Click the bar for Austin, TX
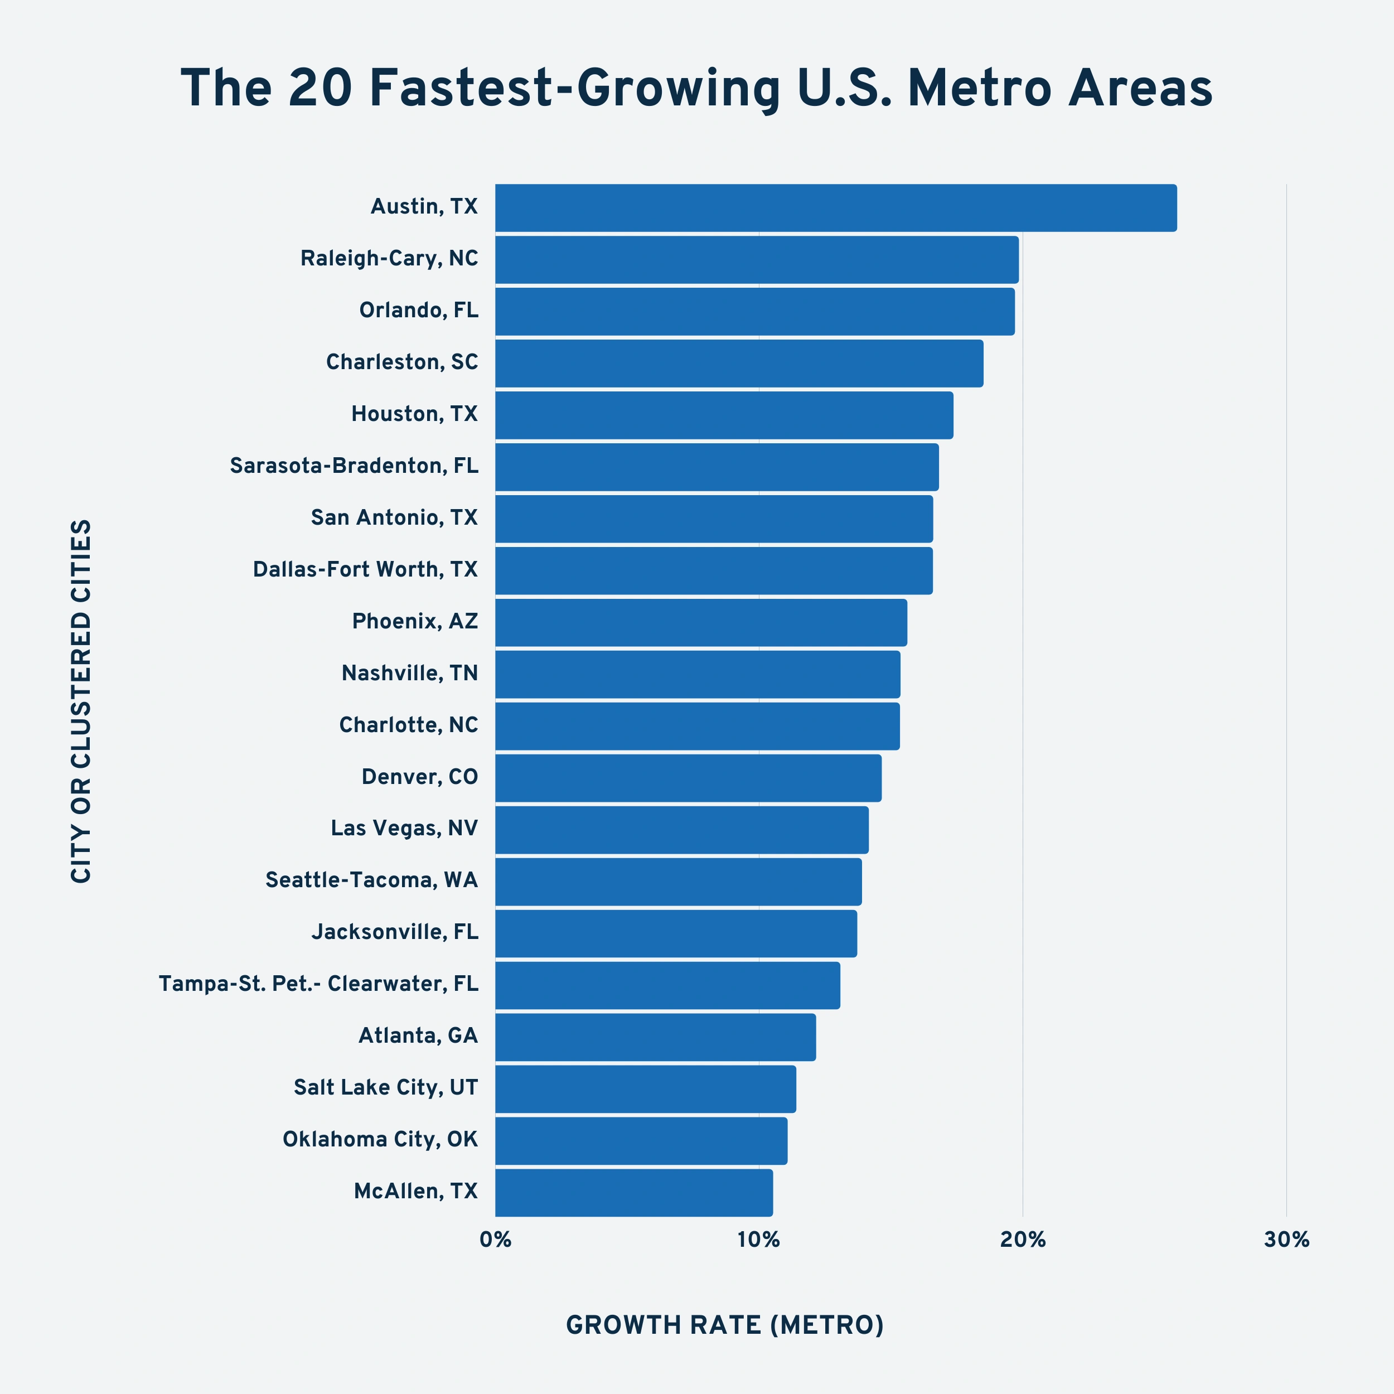pos(835,208)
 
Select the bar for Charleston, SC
pos(739,363)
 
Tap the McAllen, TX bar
pos(633,1193)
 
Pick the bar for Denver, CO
pos(688,778)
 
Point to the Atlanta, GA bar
pos(655,1037)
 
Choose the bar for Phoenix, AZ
pos(700,622)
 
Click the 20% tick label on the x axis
pos(1023,1240)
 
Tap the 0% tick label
pos(496,1240)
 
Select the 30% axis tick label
pos(1286,1240)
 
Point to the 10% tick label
pos(758,1240)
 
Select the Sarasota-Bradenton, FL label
pos(354,466)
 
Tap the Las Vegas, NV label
pos(404,829)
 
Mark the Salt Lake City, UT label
pos(385,1087)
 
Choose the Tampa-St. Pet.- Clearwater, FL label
pos(318,984)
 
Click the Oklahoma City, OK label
pos(380,1139)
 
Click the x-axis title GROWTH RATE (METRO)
pos(724,1325)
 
